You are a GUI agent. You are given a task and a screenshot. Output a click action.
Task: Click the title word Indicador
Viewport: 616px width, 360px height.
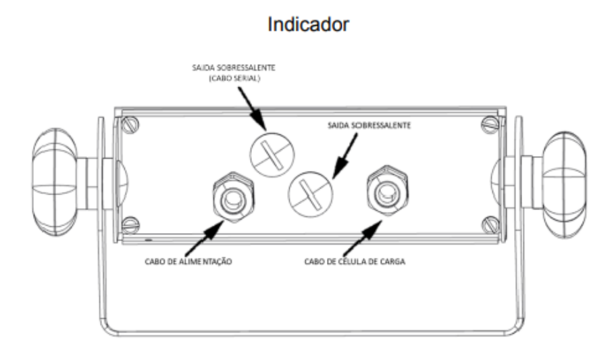[x=308, y=24]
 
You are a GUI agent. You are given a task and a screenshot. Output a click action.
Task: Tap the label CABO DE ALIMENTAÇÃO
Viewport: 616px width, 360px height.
[x=188, y=261]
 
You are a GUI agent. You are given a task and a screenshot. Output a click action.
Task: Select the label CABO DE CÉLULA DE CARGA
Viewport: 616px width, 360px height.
[x=355, y=261]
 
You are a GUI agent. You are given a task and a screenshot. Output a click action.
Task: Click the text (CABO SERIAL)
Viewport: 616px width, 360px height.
[x=234, y=78]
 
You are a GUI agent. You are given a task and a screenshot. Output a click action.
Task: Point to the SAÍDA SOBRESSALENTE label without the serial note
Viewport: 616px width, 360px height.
[x=369, y=126]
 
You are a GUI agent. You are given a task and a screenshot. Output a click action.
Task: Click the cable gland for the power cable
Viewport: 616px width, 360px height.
[x=233, y=197]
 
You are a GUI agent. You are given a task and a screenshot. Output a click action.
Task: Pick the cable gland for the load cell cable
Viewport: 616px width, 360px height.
[x=387, y=191]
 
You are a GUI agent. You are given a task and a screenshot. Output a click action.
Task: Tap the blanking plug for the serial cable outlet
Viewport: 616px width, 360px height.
[x=272, y=155]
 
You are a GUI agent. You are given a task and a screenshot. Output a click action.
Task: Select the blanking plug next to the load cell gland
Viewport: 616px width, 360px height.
[x=310, y=194]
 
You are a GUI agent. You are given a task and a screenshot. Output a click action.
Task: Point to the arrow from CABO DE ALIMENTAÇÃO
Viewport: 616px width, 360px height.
[x=204, y=238]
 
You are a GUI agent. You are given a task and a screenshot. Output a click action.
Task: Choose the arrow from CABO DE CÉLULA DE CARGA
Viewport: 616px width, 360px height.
[x=362, y=238]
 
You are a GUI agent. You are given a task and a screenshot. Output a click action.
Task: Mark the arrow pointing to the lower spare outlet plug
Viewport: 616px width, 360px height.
[x=345, y=156]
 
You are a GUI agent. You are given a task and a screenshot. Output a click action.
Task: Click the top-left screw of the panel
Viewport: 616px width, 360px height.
[x=130, y=126]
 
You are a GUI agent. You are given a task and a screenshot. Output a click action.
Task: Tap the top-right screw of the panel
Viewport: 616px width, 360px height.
[x=490, y=125]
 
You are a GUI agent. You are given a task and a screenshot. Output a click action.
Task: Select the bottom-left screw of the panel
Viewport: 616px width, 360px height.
[x=131, y=225]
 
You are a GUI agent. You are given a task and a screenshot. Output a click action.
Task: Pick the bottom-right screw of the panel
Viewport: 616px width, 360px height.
[x=490, y=225]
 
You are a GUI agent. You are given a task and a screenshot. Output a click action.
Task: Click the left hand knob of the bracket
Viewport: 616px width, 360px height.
[x=55, y=182]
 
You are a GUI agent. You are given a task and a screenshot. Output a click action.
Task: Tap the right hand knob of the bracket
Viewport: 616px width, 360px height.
[x=564, y=184]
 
